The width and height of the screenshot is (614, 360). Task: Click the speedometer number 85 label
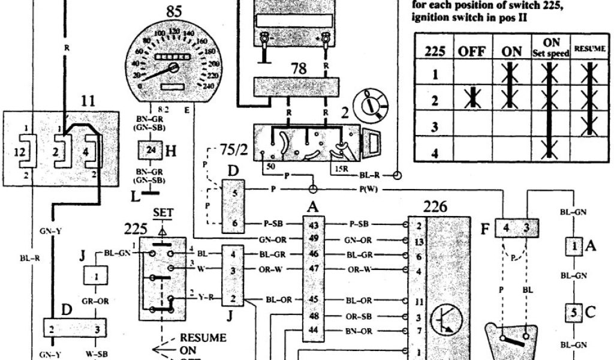click(x=174, y=10)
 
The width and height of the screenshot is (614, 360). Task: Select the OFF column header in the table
click(x=472, y=51)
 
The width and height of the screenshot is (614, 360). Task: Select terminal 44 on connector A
click(x=312, y=329)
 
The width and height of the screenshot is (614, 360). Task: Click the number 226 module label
click(x=435, y=207)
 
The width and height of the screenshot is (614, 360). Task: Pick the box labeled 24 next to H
click(x=151, y=151)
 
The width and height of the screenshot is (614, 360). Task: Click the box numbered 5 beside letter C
click(x=574, y=313)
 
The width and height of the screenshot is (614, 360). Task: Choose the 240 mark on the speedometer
click(x=208, y=85)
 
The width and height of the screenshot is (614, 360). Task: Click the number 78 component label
click(x=298, y=68)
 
